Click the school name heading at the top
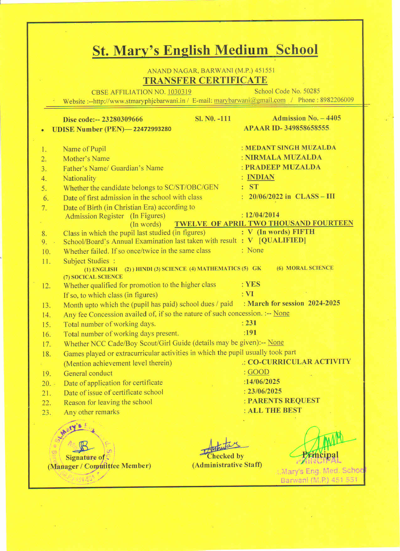pyautogui.click(x=205, y=50)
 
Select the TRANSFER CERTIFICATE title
pyautogui.click(x=205, y=80)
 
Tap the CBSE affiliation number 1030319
pyautogui.click(x=179, y=92)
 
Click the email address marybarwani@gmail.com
pyautogui.click(x=250, y=101)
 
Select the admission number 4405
pyautogui.click(x=333, y=118)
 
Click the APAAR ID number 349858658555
pyautogui.click(x=307, y=128)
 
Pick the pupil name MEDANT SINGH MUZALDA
pyautogui.click(x=291, y=148)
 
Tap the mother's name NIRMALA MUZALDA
pyautogui.click(x=283, y=157)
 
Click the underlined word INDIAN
pyautogui.click(x=261, y=177)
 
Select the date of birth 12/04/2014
pyautogui.click(x=262, y=215)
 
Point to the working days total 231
pyautogui.click(x=251, y=323)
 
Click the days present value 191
pyautogui.click(x=251, y=333)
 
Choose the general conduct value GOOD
pyautogui.click(x=258, y=372)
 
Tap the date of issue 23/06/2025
pyautogui.click(x=264, y=391)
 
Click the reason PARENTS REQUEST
pyautogui.click(x=284, y=401)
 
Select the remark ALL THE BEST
pyautogui.click(x=275, y=411)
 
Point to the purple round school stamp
pyautogui.click(x=82, y=452)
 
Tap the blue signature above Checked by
pyautogui.click(x=223, y=446)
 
